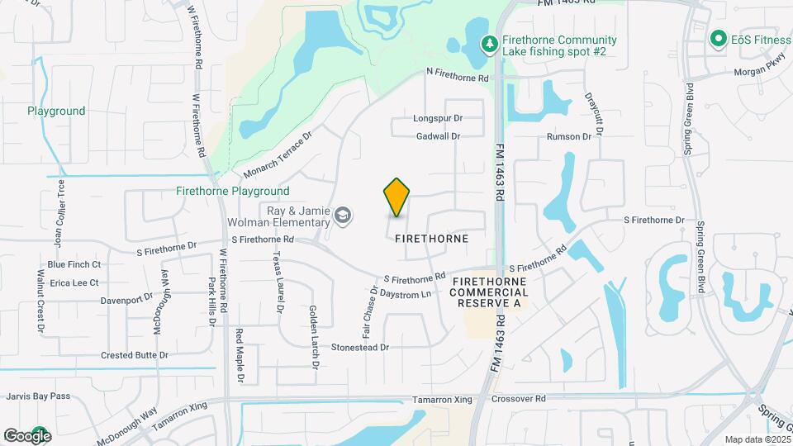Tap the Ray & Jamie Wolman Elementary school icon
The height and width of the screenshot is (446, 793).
[x=342, y=216]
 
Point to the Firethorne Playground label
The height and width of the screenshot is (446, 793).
[x=233, y=191]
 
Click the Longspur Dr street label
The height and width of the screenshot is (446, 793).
[x=438, y=119]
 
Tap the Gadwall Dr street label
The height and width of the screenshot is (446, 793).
[x=438, y=136]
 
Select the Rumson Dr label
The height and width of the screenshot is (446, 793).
[x=569, y=136]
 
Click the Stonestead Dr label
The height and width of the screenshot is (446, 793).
[x=359, y=348]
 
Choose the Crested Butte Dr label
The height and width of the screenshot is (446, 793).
[x=135, y=355]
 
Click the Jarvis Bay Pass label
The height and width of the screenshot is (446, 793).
[x=38, y=396]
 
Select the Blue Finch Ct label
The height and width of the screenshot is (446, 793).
[x=74, y=264]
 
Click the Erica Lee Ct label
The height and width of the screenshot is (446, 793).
[x=74, y=282]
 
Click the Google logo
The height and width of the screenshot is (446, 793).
[x=26, y=435]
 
